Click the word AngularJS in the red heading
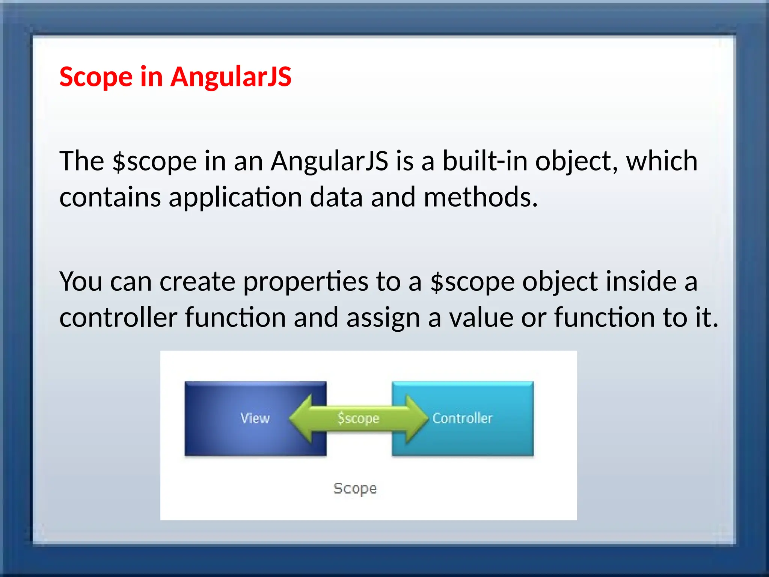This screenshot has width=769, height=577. pyautogui.click(x=231, y=77)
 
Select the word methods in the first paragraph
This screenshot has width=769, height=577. pyautogui.click(x=481, y=197)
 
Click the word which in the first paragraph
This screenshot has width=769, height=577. pyautogui.click(x=662, y=161)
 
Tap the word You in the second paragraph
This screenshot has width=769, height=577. pyautogui.click(x=81, y=281)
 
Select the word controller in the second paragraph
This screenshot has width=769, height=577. pyautogui.click(x=118, y=317)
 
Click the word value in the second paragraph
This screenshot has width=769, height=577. pyautogui.click(x=481, y=317)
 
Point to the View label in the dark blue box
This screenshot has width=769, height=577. pyautogui.click(x=255, y=418)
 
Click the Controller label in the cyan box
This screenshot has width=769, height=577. pyautogui.click(x=462, y=418)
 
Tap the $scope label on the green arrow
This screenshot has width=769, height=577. pyautogui.click(x=358, y=418)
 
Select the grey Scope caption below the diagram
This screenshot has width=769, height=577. pyautogui.click(x=355, y=488)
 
